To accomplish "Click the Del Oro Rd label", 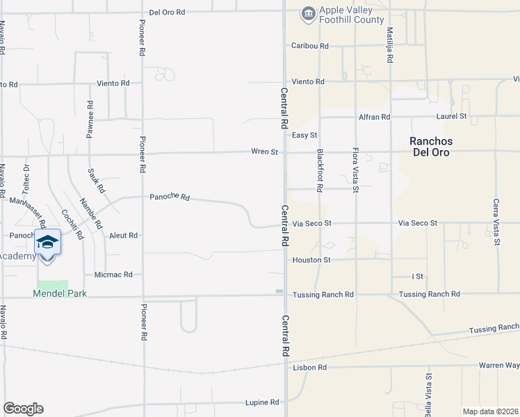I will (x=168, y=13).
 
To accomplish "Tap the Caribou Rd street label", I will (x=309, y=46).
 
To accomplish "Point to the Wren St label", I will (x=265, y=152).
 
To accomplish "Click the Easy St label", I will (x=304, y=135).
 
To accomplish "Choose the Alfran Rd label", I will (x=375, y=117).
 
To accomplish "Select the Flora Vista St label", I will (x=355, y=170).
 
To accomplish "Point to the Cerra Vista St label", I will (x=496, y=222).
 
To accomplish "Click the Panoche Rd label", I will (x=170, y=197).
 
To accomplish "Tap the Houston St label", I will (x=311, y=260).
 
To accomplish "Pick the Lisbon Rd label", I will (x=309, y=367).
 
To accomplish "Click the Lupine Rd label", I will (x=262, y=402).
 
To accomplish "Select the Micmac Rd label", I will (x=113, y=275).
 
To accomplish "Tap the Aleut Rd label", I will (x=123, y=236).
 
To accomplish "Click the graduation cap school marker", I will (x=47, y=243).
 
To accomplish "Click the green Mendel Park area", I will (x=54, y=285).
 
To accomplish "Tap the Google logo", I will (x=23, y=409).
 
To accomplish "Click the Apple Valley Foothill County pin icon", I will (x=308, y=13).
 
